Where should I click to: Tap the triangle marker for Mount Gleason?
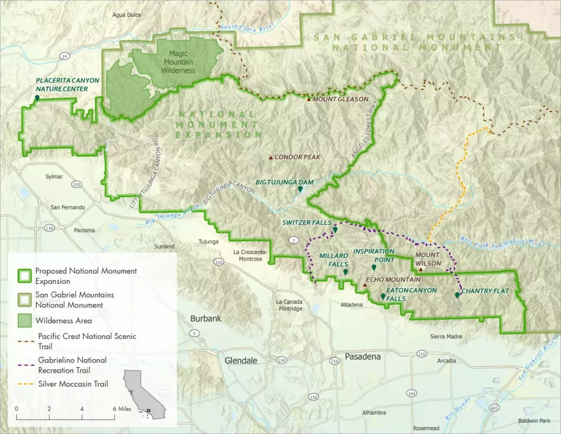(309, 100)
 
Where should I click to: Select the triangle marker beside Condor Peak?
(270, 158)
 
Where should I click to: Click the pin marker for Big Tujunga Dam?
(300, 189)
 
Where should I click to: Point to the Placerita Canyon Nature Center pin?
(37, 99)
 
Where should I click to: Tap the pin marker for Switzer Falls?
(335, 230)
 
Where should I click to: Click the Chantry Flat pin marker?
(457, 295)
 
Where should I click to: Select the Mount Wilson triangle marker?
(420, 269)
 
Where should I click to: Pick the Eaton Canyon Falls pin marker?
(383, 296)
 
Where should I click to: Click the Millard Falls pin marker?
(345, 272)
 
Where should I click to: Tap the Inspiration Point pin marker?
(374, 267)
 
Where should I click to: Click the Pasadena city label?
(363, 357)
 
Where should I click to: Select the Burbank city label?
(206, 319)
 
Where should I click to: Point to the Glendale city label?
(241, 361)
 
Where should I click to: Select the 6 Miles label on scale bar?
(124, 409)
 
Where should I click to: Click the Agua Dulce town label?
(126, 15)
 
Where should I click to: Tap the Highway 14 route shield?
(64, 57)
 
